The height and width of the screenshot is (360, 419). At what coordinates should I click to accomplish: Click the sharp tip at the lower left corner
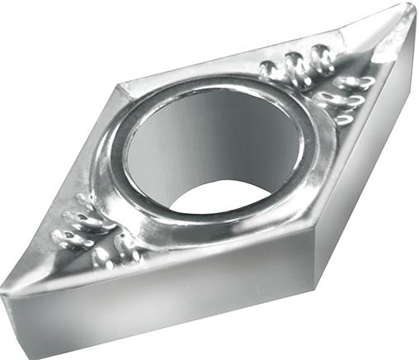click(x=7, y=285)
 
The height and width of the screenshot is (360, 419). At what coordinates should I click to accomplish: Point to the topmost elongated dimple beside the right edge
click(x=355, y=83)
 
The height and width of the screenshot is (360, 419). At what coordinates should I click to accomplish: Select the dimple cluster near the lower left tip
click(x=91, y=235)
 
